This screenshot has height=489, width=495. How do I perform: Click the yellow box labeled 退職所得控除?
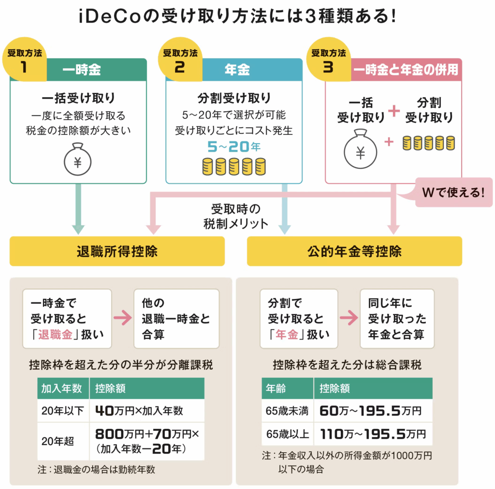[117, 252]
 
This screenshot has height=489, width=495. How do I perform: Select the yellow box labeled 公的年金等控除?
[354, 252]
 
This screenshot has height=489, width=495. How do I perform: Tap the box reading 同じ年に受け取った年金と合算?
[397, 319]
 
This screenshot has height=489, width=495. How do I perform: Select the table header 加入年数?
[61, 388]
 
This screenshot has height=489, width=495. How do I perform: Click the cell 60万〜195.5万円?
[370, 411]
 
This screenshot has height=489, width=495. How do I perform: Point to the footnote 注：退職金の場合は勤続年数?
[96, 469]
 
